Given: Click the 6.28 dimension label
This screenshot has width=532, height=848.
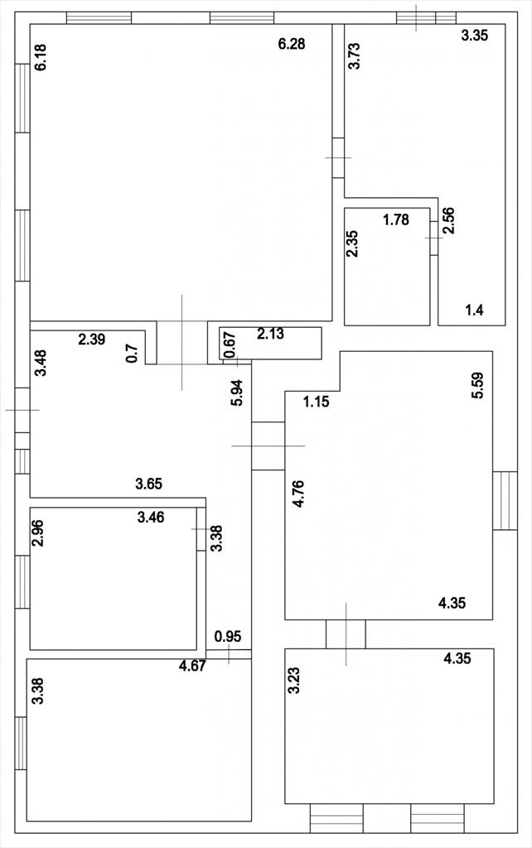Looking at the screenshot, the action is click(292, 44).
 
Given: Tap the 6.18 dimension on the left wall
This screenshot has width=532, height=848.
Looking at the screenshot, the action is click(41, 57).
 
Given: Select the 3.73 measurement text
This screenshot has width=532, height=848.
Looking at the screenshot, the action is click(354, 55).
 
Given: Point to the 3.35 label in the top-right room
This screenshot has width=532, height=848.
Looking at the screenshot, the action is click(475, 36).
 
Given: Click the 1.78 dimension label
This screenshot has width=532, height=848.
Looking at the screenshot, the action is click(396, 220).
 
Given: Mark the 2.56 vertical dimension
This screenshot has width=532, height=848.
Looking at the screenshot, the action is click(448, 220).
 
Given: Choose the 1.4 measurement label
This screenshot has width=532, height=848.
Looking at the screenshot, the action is click(475, 311).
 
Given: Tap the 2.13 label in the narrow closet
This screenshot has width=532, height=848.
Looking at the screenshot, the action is click(270, 335).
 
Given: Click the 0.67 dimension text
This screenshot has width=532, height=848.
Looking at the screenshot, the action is click(230, 345).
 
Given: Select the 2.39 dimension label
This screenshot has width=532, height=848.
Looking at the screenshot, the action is click(92, 340).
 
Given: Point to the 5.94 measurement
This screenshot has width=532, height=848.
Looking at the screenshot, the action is click(237, 393).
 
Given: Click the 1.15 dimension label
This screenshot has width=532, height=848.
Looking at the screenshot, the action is click(317, 402).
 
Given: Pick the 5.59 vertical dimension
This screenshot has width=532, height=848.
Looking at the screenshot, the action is click(478, 386).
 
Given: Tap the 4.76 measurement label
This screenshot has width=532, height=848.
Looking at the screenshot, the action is click(297, 494).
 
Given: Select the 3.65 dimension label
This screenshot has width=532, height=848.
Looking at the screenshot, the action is click(149, 484).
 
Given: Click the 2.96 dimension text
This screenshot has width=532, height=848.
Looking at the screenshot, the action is click(37, 533).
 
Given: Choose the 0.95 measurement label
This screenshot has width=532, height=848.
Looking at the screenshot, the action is click(228, 637).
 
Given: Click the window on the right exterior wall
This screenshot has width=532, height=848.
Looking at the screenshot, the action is click(505, 501).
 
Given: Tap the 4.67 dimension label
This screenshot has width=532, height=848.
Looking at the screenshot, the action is click(193, 666).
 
